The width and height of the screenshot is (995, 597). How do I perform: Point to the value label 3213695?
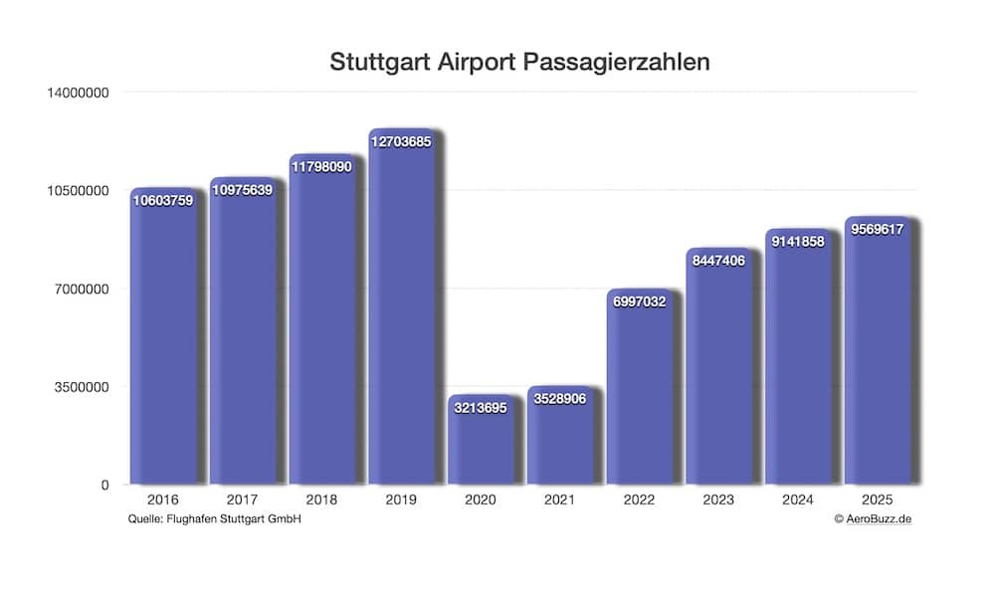[x=481, y=408]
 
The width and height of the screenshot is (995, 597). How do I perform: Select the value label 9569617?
[x=878, y=229]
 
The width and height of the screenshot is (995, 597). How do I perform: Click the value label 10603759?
[x=162, y=200]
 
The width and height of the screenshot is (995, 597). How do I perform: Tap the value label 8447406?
[x=718, y=261]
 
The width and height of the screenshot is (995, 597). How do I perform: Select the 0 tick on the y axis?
[x=103, y=485]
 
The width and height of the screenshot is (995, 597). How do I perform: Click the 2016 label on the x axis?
[x=162, y=500]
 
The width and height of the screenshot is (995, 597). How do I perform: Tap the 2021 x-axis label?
[x=559, y=500]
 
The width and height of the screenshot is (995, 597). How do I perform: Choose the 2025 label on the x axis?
[x=878, y=500]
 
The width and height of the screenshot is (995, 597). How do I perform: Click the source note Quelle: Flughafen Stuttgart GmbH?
[x=215, y=519]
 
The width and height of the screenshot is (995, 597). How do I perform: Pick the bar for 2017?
[x=242, y=338]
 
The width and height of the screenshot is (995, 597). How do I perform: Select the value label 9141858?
[x=798, y=241]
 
